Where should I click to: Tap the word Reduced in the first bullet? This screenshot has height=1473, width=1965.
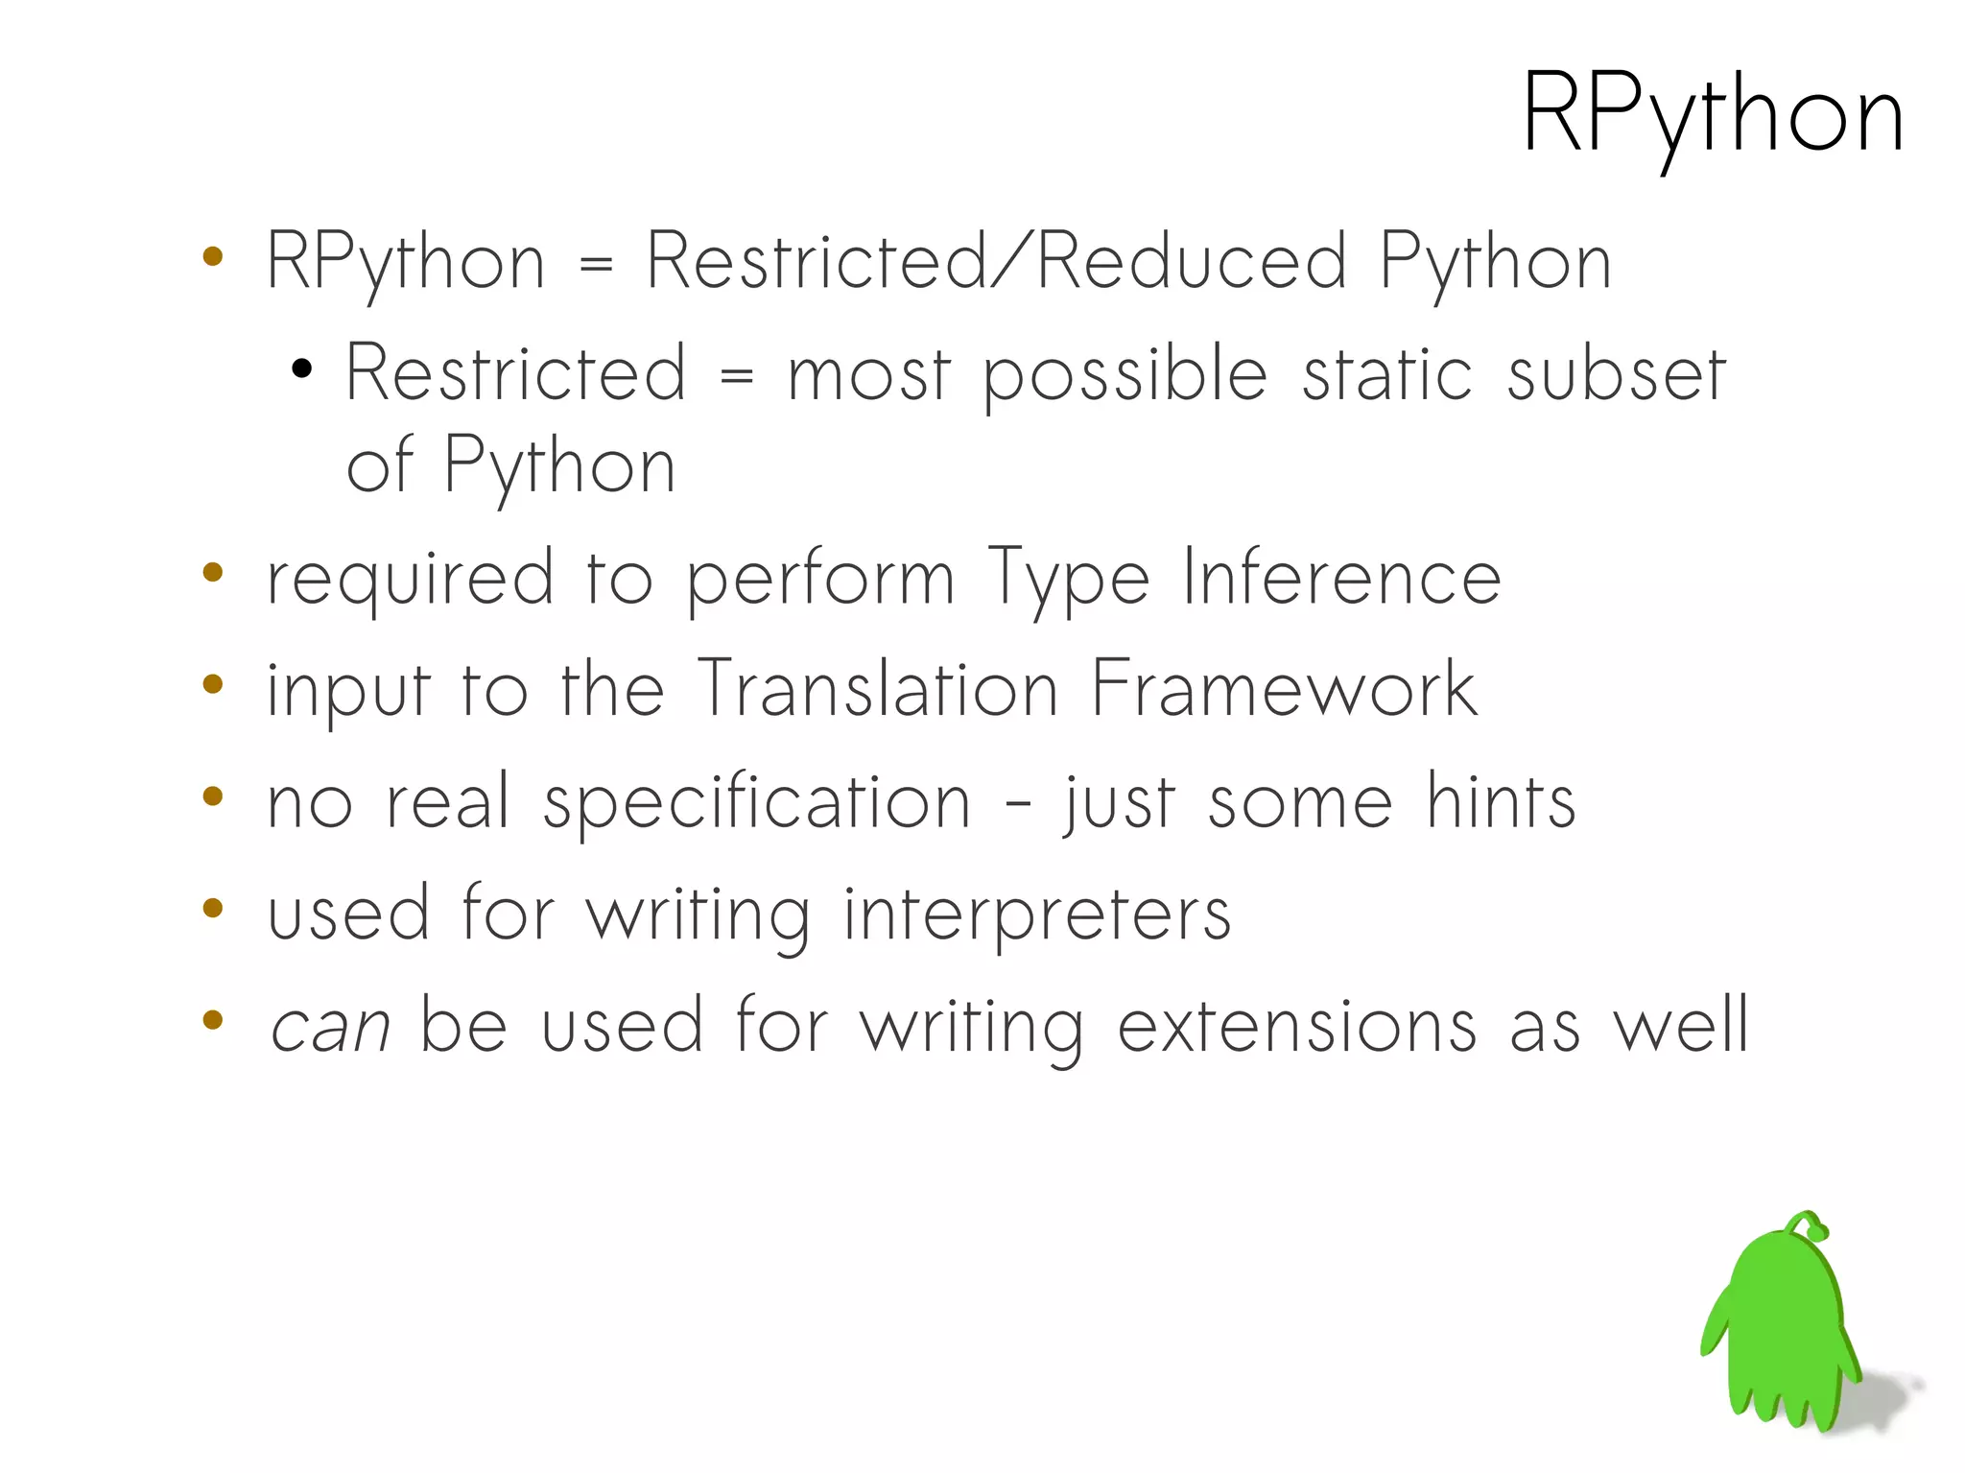pos(1192,261)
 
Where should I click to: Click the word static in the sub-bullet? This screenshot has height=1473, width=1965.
pos(1386,374)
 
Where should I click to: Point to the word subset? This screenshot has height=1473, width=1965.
pos(1616,374)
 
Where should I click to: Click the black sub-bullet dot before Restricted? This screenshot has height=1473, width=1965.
pos(302,368)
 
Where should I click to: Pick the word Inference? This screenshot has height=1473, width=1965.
pos(1340,579)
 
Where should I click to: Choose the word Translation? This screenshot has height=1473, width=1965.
pos(877,689)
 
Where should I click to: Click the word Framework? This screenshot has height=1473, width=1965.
pos(1284,689)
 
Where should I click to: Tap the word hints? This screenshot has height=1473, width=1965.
pos(1500,801)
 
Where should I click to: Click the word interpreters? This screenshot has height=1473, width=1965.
pos(1036,915)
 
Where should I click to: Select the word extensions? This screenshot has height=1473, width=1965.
pos(1296,1027)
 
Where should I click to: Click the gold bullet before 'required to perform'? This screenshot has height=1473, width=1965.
pos(213,573)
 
